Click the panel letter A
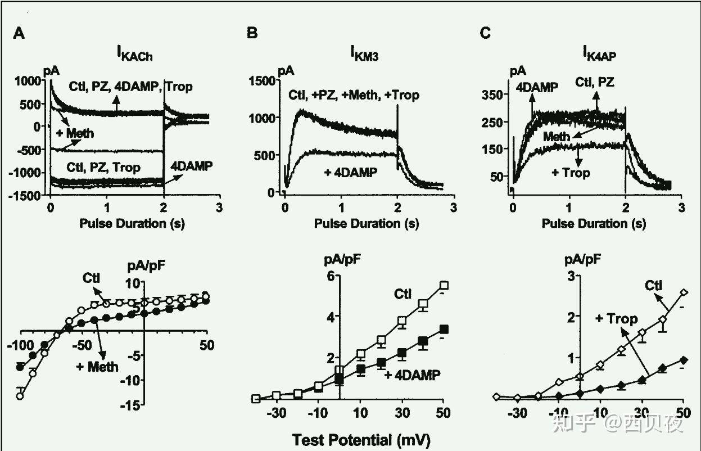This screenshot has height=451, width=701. coord(19,34)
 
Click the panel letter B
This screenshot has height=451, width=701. coord(252,34)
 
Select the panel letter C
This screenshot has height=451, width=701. coord(485,34)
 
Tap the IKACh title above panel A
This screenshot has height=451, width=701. coord(134,54)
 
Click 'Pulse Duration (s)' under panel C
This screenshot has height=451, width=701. coord(594,223)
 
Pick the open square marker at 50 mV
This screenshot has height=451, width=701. coord(444,285)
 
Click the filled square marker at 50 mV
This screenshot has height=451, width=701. coord(444,330)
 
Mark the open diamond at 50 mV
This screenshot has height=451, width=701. coord(684,292)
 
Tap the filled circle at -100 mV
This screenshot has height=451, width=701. coord(20,367)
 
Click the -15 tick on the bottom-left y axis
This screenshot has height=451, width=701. coord(130,404)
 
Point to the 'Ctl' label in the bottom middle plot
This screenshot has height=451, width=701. coord(402,293)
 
